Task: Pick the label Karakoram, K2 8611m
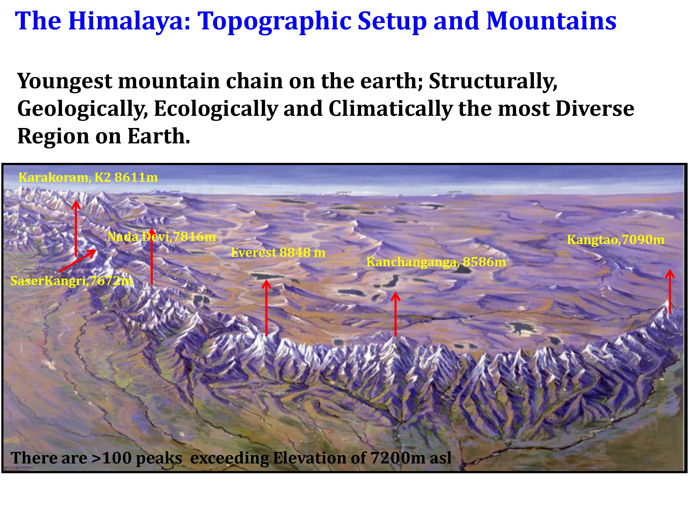tap(88, 177)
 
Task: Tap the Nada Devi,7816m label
tap(162, 237)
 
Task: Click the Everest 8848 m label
tap(278, 253)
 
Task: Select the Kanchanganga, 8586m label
tap(436, 262)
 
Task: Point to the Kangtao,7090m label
tap(615, 239)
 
